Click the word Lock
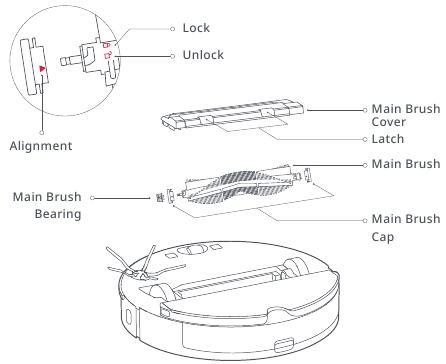pos(196,28)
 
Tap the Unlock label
pos(203,55)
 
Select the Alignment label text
pos(41,146)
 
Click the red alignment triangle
pos(42,68)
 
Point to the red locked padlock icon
pos(106,45)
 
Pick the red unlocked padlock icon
pos(107,55)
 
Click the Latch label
pos(388,139)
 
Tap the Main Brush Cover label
pos(406,115)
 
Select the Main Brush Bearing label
pos(47,205)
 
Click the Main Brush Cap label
pos(406,228)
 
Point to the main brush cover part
pos(233,114)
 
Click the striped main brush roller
pos(239,183)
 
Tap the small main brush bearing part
pos(160,197)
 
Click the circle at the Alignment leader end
pos(42,132)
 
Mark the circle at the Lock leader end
pos(172,29)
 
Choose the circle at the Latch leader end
pos(365,139)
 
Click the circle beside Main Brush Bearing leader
pos(92,198)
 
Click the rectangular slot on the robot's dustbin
pos(284,344)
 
